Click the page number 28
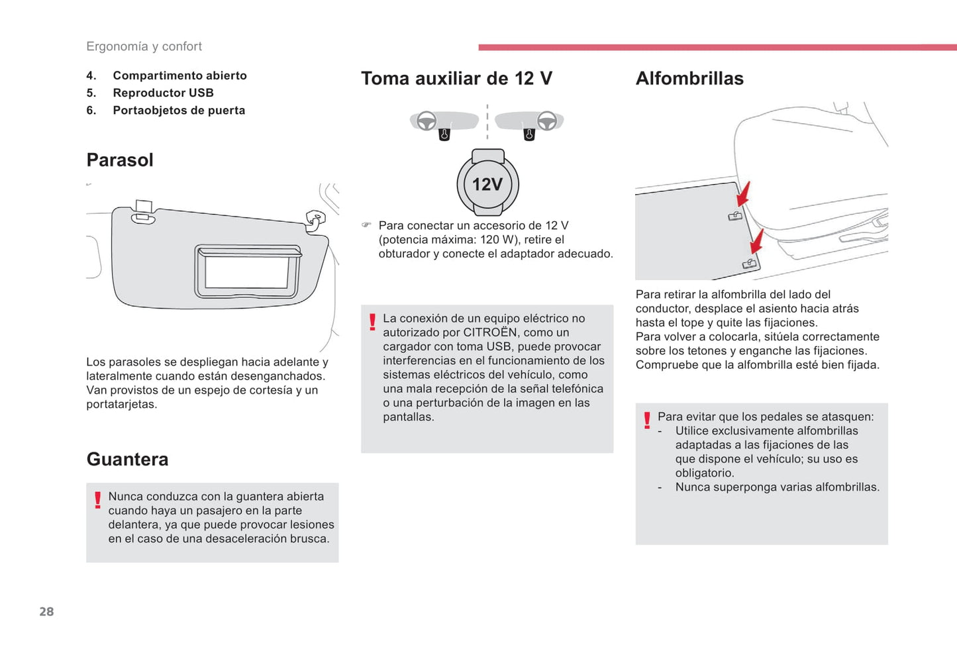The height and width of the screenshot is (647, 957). point(46,611)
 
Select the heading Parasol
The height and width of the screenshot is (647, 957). point(120,160)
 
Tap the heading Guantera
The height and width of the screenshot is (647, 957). point(127,459)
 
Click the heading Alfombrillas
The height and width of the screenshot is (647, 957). point(689,78)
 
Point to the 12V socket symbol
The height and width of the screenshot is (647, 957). point(487,183)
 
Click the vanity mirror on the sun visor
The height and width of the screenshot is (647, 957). point(247,271)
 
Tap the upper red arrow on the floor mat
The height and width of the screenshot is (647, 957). point(744,195)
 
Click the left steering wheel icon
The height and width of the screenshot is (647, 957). point(427,121)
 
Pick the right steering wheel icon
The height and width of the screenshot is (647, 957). point(546,121)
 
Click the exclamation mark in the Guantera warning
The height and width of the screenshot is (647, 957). point(97,500)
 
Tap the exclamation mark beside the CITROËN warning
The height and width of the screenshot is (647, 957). point(372,323)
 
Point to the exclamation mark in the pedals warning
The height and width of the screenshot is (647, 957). point(647,421)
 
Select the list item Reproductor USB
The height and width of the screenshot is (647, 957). point(163,93)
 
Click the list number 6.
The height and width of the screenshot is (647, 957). point(91,110)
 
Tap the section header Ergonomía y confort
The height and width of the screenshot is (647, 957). point(144,46)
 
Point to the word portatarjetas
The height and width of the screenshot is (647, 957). point(121,404)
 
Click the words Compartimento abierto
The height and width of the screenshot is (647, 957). point(179,75)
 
